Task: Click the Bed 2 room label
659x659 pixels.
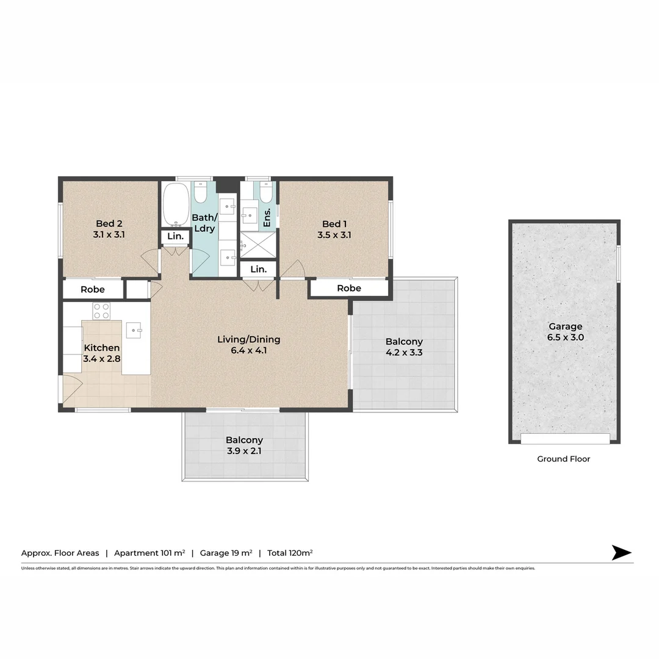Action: point(110,223)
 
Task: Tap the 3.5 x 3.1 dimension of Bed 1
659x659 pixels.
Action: point(334,234)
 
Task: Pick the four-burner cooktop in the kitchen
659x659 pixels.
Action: point(101,311)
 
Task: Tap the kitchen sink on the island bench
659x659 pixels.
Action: point(134,331)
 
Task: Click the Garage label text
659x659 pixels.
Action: point(564,326)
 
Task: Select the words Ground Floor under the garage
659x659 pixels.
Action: point(563,459)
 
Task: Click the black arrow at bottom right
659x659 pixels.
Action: point(621,553)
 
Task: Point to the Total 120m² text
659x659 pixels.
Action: point(290,553)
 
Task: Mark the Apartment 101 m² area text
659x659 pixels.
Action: point(149,553)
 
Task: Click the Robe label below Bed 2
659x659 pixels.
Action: point(93,289)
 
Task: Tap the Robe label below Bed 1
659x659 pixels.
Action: point(349,288)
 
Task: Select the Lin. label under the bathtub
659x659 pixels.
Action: point(175,236)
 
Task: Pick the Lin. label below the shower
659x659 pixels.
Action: point(258,269)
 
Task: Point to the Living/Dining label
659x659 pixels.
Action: point(248,339)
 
